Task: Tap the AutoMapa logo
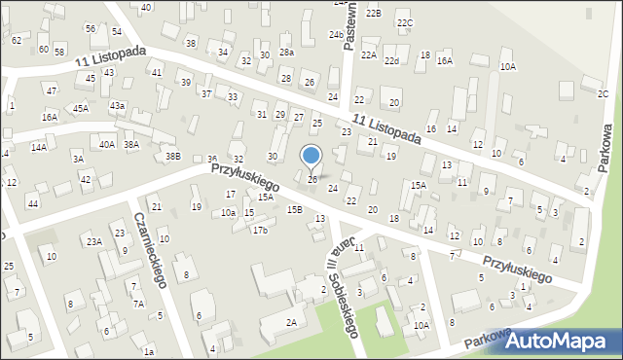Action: click(x=562, y=341)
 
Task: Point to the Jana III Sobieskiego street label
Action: click(x=344, y=282)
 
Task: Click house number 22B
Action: click(x=374, y=13)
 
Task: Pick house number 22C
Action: click(x=405, y=22)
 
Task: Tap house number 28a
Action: click(x=286, y=53)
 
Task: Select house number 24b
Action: click(x=335, y=35)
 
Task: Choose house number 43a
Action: click(x=117, y=105)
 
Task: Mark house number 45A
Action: click(x=80, y=108)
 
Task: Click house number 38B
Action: click(x=172, y=156)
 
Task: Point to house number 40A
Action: click(x=107, y=144)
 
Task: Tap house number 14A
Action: click(x=38, y=147)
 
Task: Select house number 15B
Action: click(x=294, y=209)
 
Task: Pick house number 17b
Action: click(x=260, y=231)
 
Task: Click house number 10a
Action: click(x=228, y=212)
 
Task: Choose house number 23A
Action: click(x=94, y=241)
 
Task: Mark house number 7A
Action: click(x=138, y=304)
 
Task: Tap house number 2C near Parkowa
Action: click(x=604, y=93)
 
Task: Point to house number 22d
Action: click(x=391, y=61)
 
